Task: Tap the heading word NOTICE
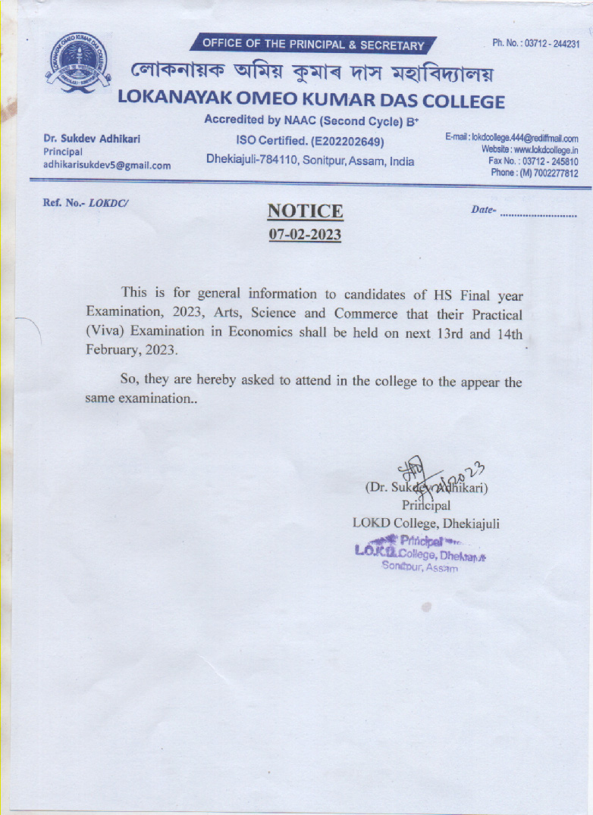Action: click(x=305, y=211)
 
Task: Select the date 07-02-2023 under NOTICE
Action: click(x=305, y=235)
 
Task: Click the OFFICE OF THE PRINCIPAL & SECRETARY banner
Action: click(x=313, y=45)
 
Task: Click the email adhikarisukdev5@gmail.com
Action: click(x=107, y=164)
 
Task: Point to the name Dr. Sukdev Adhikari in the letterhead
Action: click(x=92, y=139)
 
